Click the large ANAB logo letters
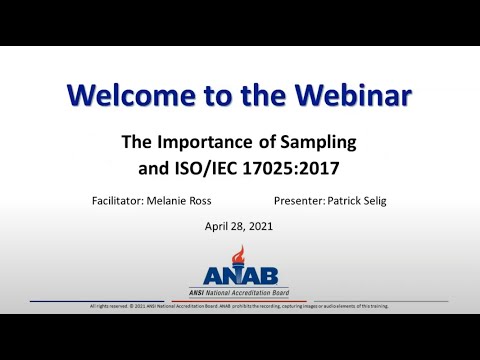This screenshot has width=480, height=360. coord(239,276)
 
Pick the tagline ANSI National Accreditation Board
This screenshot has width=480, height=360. coord(239,291)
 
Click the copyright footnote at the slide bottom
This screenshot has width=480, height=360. coord(239,305)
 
